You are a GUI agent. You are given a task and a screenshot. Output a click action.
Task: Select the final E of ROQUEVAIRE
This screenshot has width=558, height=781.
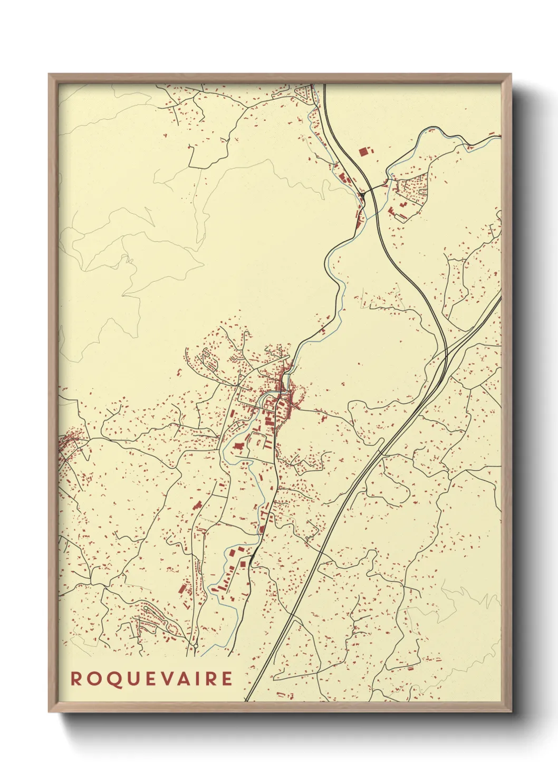point(227,679)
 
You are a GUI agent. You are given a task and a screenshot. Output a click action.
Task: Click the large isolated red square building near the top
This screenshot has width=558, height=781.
point(363,151)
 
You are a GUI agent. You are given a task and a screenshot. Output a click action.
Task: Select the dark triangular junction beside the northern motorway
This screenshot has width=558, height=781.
point(363,198)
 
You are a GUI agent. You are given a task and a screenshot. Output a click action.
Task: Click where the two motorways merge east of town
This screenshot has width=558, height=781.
point(443,359)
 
